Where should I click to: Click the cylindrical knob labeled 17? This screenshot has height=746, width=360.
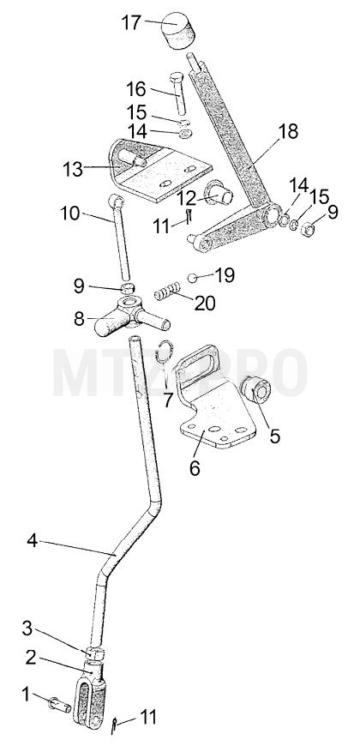pos(179,31)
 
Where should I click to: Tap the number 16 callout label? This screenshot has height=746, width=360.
pos(137,89)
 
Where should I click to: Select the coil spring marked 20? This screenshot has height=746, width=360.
pos(167,291)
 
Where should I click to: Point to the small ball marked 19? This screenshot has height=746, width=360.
pos(192,277)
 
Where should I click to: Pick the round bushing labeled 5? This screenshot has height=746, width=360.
pos(255,389)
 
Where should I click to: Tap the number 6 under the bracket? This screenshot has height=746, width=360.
pos(195,467)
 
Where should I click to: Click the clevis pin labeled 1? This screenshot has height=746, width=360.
pos(60,704)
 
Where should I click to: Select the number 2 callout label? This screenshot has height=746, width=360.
pos(31,658)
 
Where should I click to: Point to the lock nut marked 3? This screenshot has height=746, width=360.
pos(94,653)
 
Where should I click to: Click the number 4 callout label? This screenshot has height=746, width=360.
pos(32,540)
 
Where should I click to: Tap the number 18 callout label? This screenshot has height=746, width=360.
pos(288,131)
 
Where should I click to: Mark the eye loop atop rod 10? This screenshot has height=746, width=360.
pos(117,202)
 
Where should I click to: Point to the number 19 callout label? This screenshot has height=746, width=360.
pos(225,275)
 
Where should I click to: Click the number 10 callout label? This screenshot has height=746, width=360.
pos(70,214)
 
